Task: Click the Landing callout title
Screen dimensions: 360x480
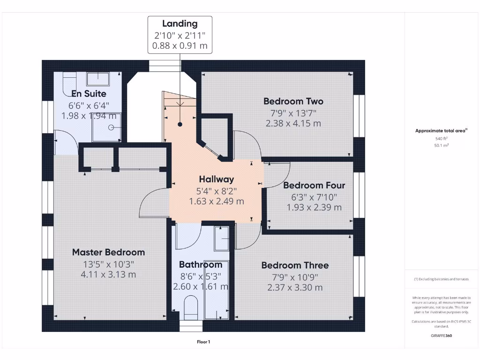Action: (x=180, y=23)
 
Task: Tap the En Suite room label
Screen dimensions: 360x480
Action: (x=89, y=94)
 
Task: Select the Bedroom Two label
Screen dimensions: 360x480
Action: (x=293, y=101)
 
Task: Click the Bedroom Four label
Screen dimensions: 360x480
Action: (x=314, y=185)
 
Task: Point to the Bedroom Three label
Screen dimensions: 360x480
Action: (x=295, y=265)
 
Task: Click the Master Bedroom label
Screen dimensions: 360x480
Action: (x=108, y=252)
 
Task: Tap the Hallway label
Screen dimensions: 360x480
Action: (x=216, y=179)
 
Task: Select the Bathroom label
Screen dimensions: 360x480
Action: (x=201, y=265)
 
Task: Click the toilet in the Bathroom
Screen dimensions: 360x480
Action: (x=191, y=307)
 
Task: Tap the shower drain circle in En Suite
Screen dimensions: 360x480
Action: (x=112, y=127)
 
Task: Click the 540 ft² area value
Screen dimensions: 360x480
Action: (x=442, y=139)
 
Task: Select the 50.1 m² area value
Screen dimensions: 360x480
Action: (x=442, y=146)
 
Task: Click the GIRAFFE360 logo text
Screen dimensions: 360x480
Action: (x=442, y=336)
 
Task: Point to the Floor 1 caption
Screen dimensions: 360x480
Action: (x=203, y=342)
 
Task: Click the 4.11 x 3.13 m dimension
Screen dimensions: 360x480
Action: (x=108, y=275)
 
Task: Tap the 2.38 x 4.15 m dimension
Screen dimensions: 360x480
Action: (x=293, y=124)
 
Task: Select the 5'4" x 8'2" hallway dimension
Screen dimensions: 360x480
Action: (x=216, y=191)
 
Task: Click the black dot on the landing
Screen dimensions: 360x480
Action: (x=180, y=124)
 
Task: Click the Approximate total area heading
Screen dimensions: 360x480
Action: (x=440, y=131)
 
